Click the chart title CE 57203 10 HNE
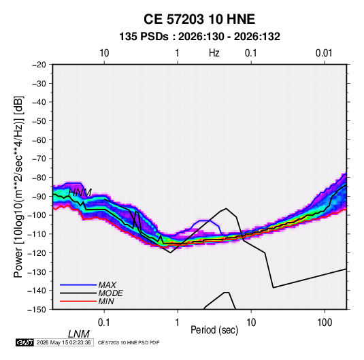coord(199,19)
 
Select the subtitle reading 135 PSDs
coord(144,37)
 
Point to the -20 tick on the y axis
coord(39,65)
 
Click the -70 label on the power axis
coord(39,159)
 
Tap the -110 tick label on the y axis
coord(37,234)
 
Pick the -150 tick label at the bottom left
coord(37,310)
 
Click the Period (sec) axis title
coord(214,330)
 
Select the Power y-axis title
coord(18,186)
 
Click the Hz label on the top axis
coord(214,53)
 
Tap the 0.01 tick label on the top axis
coord(324,53)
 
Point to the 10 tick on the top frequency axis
coord(104,53)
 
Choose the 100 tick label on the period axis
coord(325,323)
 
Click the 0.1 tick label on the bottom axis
coord(104,323)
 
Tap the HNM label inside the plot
coord(80,193)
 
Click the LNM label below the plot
coord(79,334)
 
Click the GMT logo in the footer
coord(24,342)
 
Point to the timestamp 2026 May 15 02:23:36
coord(63,342)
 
